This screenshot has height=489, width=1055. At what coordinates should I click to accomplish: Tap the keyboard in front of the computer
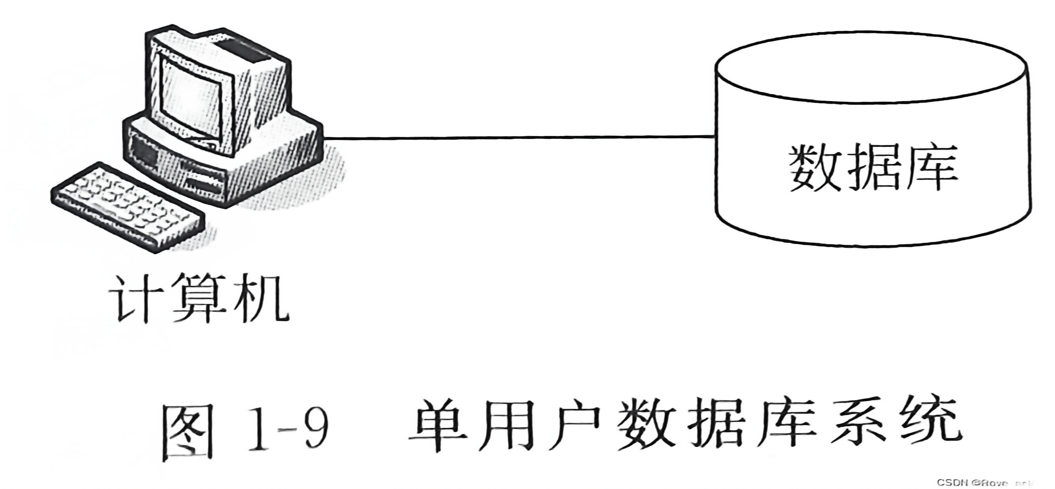127,207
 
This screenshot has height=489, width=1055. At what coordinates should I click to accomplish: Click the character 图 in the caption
188,432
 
